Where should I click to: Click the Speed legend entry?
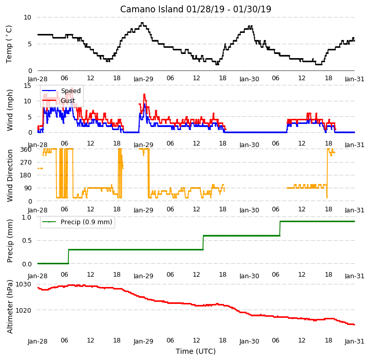point(61,91)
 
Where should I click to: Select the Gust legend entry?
point(59,101)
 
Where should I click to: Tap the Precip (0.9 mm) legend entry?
point(77,222)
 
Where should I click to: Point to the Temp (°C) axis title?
point(9,44)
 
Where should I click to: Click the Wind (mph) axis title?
point(10,110)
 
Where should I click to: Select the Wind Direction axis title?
point(10,175)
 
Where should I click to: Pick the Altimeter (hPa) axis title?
point(10,307)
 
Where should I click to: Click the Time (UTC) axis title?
point(196,351)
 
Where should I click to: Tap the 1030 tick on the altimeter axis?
point(23,284)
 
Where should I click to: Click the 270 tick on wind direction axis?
point(26,163)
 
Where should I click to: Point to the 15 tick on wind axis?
point(28,85)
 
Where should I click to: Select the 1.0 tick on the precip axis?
point(26,217)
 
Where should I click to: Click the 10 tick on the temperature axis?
point(27,17)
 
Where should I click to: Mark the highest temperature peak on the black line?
point(142,23)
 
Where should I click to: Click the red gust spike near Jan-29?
point(144,95)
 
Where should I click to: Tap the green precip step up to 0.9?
point(280,228)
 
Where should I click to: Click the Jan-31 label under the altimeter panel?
point(355,341)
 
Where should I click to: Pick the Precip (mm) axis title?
point(10,241)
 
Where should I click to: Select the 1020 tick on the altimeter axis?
point(23,310)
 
